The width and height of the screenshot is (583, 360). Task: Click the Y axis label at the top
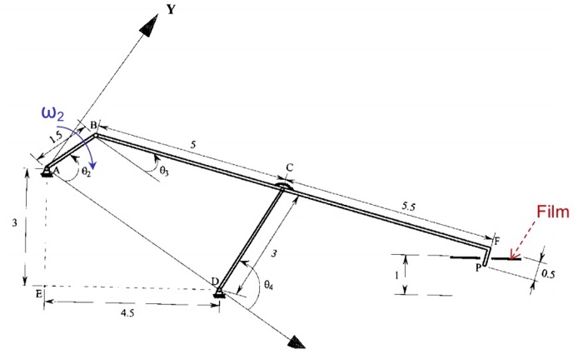click(172, 9)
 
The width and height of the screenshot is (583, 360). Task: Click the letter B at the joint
click(93, 125)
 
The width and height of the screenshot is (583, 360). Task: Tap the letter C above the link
click(289, 168)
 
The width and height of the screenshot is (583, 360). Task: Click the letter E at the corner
click(38, 292)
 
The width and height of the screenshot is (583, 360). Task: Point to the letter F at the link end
click(497, 242)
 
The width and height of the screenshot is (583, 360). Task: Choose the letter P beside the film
click(478, 268)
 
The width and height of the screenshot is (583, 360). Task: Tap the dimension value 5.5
click(408, 204)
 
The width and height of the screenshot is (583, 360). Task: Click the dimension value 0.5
click(548, 272)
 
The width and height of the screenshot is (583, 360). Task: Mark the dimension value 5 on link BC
click(194, 145)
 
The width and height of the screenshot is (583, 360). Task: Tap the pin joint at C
click(285, 187)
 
